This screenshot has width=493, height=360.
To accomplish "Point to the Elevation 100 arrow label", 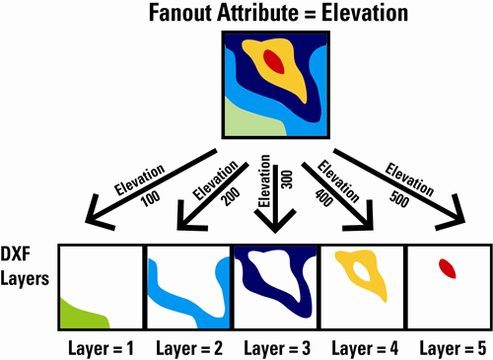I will [132, 182].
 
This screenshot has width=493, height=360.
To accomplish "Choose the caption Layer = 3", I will [276, 346].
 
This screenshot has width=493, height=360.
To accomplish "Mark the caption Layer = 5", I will [454, 346].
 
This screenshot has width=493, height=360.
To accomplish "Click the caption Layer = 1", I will [100, 346].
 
